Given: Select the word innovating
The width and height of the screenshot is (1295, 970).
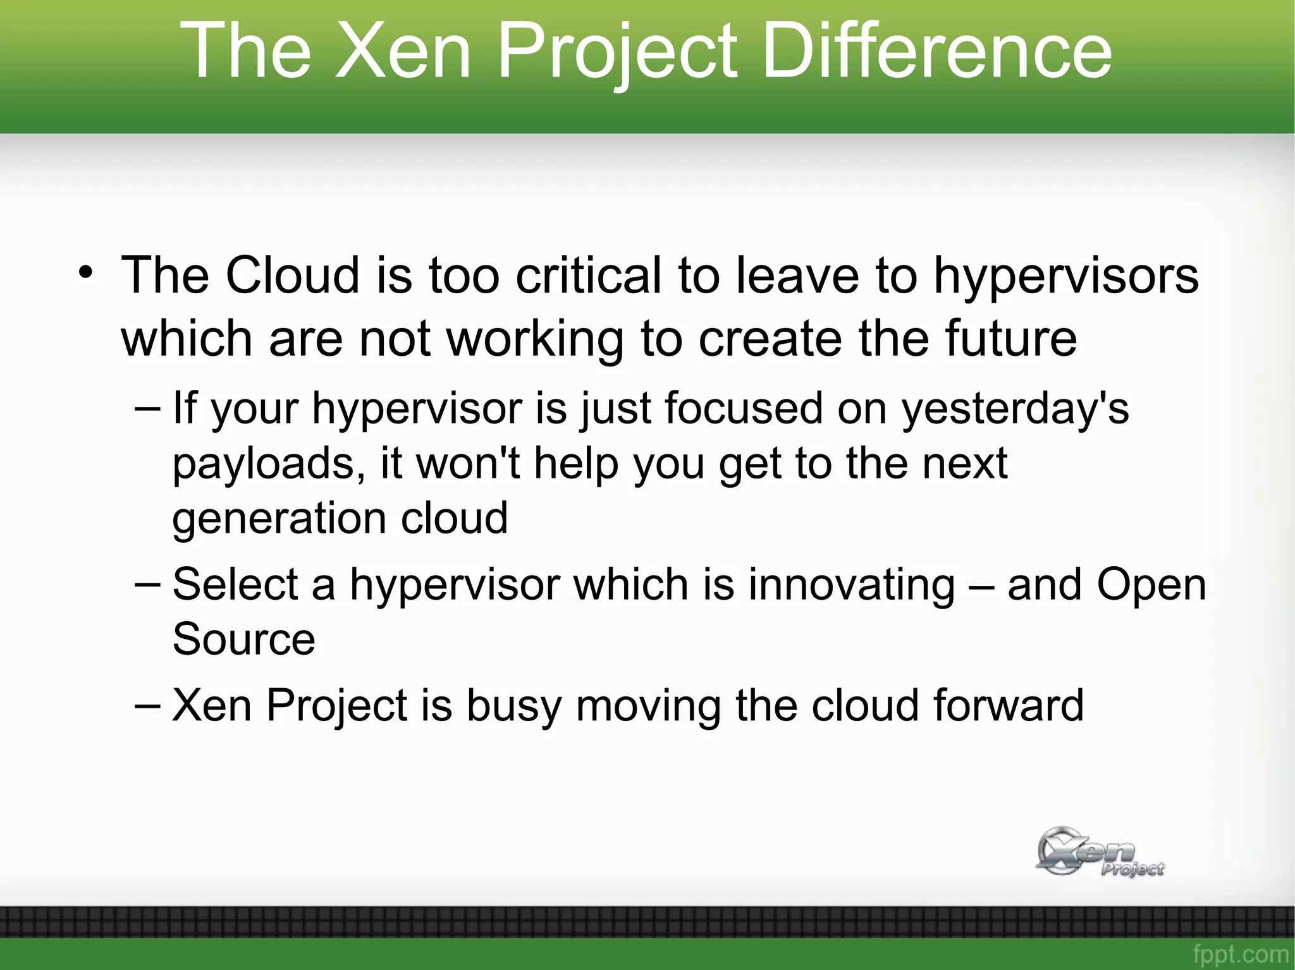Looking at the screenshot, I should (852, 584).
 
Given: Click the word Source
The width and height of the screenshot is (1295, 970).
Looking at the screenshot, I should (243, 639).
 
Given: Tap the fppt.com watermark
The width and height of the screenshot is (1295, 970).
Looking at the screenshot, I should (1240, 954).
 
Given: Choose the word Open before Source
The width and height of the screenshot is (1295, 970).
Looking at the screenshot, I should (1151, 584).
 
